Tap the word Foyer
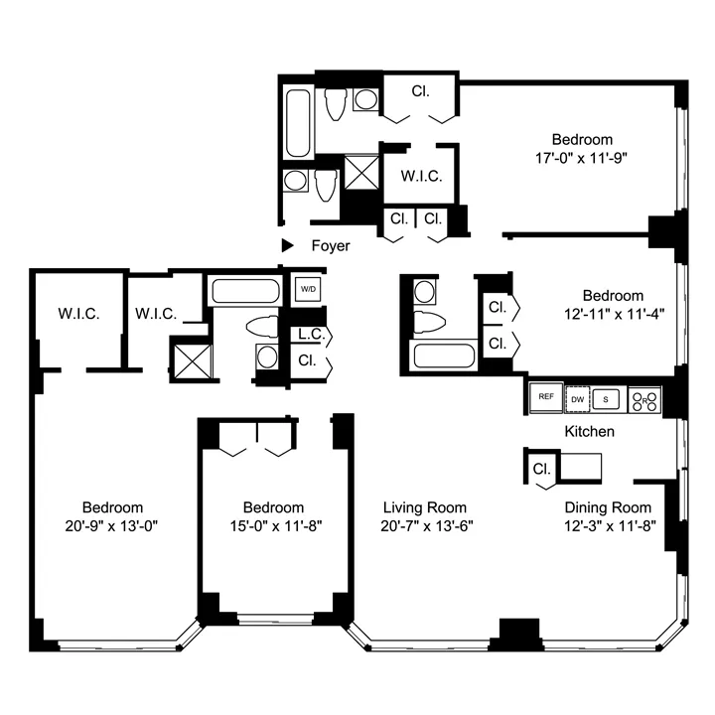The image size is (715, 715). point(330,245)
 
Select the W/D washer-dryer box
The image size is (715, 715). point(307,290)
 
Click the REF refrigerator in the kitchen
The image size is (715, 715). point(545,396)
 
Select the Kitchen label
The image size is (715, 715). point(589,432)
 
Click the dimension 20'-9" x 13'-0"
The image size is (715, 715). point(112,526)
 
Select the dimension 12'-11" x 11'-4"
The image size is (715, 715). point(613,314)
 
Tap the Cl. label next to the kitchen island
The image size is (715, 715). point(542,469)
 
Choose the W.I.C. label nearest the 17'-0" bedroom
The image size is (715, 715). point(421,177)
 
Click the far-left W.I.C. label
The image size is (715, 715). point(77,314)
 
